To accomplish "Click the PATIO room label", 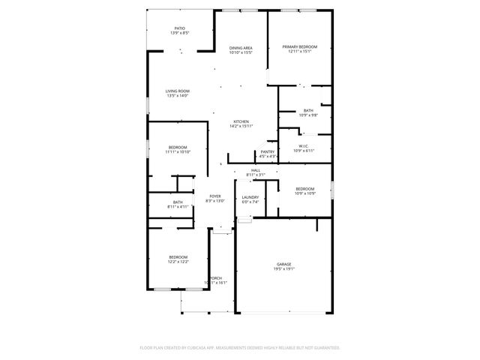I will click(x=180, y=28).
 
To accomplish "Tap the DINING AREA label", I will click(x=241, y=48).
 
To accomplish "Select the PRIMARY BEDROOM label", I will click(x=300, y=46).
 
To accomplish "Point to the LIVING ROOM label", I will click(x=178, y=91).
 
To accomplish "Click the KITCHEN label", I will click(x=241, y=121).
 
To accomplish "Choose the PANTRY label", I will click(x=268, y=151).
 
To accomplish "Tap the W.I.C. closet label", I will click(x=304, y=146).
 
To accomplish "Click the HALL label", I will click(x=256, y=170).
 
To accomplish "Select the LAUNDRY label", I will click(x=250, y=197).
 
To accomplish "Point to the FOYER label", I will click(x=215, y=196).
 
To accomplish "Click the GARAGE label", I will click(x=283, y=264).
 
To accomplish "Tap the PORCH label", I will click(x=216, y=277).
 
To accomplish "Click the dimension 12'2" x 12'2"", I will click(x=178, y=261).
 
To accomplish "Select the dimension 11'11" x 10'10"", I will click(x=178, y=151).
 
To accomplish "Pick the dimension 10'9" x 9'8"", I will click(x=308, y=115).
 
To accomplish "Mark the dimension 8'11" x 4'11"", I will click(x=178, y=206).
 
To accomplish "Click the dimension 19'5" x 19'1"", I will click(x=283, y=268).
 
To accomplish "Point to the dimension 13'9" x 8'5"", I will click(x=180, y=33).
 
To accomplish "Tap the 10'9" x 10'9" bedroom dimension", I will click(x=305, y=193).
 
